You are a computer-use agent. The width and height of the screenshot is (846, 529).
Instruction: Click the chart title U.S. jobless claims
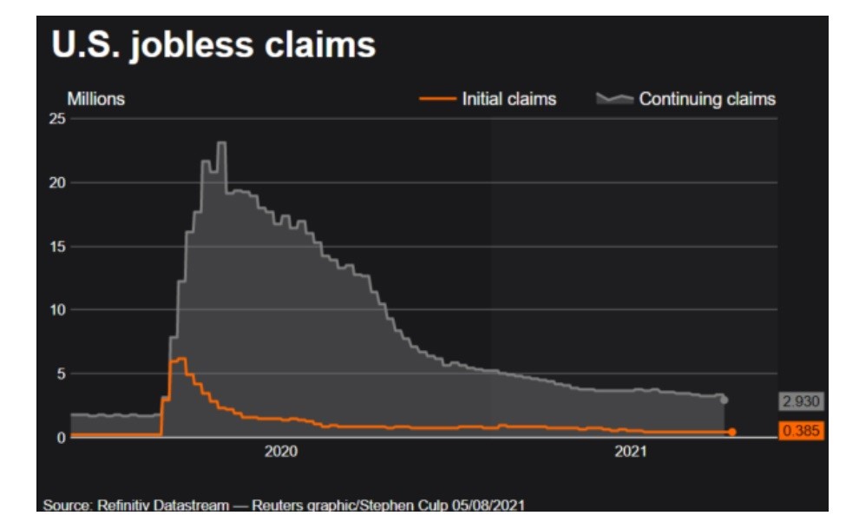click(213, 45)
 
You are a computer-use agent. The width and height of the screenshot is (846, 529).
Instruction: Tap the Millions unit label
click(95, 99)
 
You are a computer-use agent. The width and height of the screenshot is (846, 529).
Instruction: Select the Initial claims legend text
click(508, 99)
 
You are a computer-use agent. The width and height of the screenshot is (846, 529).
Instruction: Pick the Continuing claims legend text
click(707, 99)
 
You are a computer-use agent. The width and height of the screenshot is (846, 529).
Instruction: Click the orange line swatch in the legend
click(438, 99)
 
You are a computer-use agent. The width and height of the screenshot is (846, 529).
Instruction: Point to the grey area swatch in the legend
click(614, 99)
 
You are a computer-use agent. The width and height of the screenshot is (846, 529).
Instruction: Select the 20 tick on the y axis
click(56, 182)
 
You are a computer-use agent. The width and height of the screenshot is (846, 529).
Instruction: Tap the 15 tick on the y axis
click(56, 247)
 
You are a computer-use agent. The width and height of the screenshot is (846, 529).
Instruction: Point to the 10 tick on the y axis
click(56, 310)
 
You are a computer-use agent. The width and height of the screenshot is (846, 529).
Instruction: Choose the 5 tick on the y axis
click(60, 374)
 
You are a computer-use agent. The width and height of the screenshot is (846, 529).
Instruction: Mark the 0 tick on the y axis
click(60, 437)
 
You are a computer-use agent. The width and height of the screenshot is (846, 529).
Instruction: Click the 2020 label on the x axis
click(280, 453)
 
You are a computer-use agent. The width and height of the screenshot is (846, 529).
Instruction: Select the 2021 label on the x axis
click(631, 453)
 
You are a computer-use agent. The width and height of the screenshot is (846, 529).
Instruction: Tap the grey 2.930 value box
click(800, 401)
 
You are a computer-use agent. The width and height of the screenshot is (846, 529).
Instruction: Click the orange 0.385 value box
click(800, 431)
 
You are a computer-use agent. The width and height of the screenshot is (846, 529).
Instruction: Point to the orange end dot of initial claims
click(732, 432)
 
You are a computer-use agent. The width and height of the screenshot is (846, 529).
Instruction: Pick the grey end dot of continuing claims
click(725, 400)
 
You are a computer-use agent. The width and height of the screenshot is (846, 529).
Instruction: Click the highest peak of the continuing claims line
click(221, 142)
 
